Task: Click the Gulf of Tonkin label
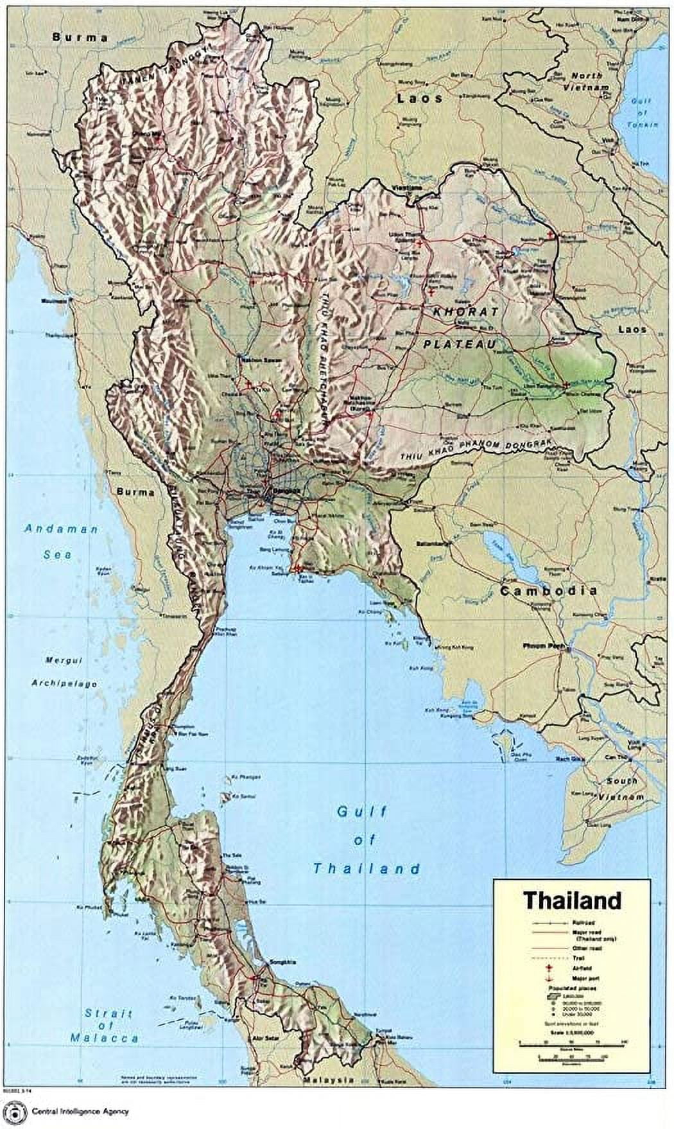pyautogui.click(x=640, y=112)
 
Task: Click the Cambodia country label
pyautogui.click(x=549, y=591)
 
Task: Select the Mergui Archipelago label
pyautogui.click(x=64, y=672)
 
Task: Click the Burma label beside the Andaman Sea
pyautogui.click(x=135, y=492)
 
